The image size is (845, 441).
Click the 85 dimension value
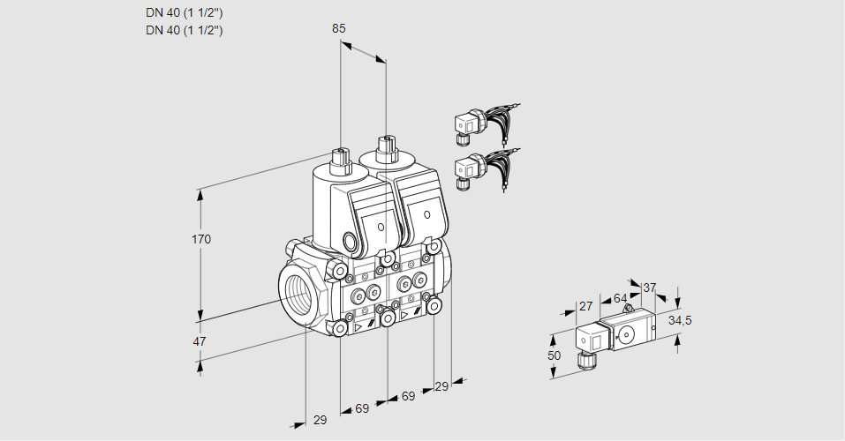click(338, 28)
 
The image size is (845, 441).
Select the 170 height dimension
click(202, 239)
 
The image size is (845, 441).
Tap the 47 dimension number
click(200, 341)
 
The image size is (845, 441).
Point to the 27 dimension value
click(585, 306)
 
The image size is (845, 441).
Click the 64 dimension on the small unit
click(620, 298)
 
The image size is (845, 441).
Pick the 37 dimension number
click(650, 288)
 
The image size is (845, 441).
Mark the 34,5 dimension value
click(680, 320)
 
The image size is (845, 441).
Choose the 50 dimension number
click(555, 355)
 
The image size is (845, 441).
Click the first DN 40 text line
click(185, 13)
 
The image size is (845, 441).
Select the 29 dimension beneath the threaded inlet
click(321, 421)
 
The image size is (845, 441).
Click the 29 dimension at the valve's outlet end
click(441, 386)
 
